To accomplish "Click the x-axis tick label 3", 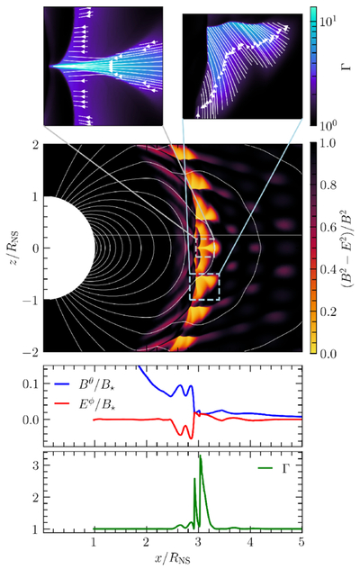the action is tap(198, 543).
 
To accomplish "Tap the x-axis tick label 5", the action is tap(301, 543).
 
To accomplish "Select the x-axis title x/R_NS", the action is tap(173, 558).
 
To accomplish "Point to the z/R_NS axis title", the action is tap(13, 247).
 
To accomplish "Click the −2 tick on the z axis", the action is tap(30, 352).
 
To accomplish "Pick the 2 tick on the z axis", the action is tap(36, 145).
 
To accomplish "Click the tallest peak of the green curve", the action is tap(200, 456).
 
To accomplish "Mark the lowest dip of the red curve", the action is tap(191, 438).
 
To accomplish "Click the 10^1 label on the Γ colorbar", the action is tap(328, 22).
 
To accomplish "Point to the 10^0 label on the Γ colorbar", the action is tap(328, 123).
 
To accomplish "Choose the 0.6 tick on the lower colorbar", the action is tap(328, 228).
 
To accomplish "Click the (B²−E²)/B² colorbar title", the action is tap(347, 247).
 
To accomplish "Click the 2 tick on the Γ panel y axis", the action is tap(36, 498).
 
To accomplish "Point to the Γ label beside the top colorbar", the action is tap(347, 66).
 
